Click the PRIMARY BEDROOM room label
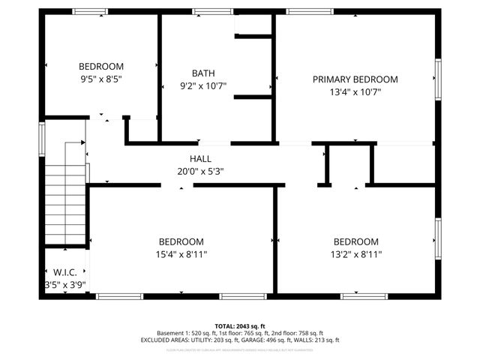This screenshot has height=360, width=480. coord(355,79)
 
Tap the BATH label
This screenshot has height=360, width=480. coord(203,73)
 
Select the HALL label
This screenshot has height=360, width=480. coord(200,159)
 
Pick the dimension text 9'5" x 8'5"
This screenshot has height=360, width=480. coord(101,78)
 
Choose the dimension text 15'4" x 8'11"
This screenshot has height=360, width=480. coord(181,254)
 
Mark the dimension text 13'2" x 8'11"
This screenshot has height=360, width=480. coord(355,254)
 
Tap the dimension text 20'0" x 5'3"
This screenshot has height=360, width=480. coord(200,171)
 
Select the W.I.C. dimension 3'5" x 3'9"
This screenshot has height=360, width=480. coord(65,284)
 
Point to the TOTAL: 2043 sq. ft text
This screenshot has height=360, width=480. coord(240,325)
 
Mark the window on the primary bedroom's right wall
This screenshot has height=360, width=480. coord(438,78)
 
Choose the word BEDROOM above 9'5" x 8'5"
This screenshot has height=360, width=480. coord(101,66)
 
